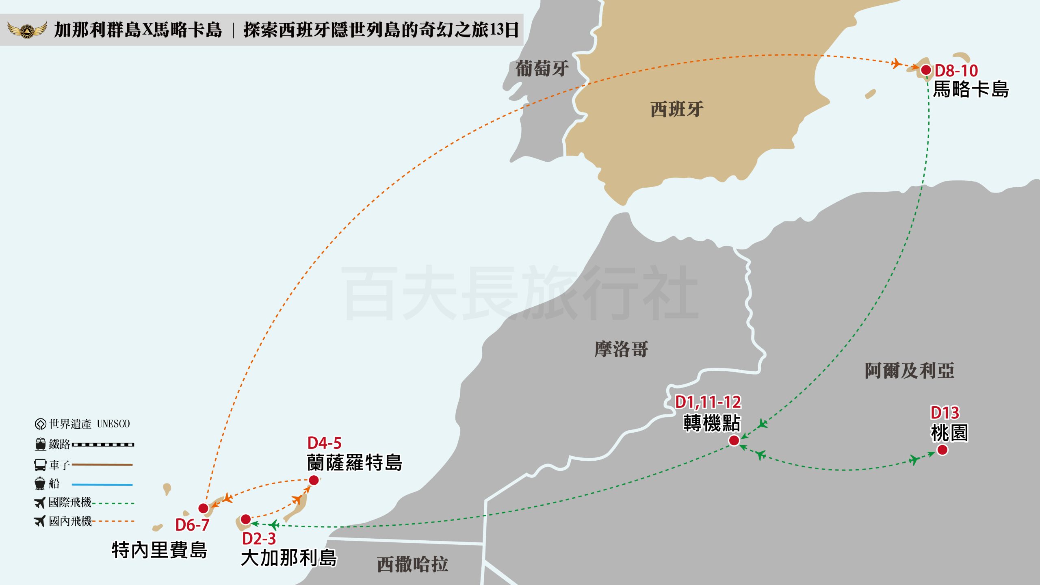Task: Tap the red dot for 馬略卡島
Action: pyautogui.click(x=926, y=70)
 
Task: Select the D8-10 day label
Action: pyautogui.click(x=956, y=71)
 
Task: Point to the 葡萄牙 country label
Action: pyautogui.click(x=542, y=69)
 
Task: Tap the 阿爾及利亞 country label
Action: pyautogui.click(x=909, y=370)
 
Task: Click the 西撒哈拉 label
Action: pyautogui.click(x=412, y=564)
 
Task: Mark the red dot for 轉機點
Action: pyautogui.click(x=734, y=440)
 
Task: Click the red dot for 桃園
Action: pyautogui.click(x=942, y=450)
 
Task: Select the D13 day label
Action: pyautogui.click(x=945, y=413)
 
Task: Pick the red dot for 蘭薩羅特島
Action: pyautogui.click(x=314, y=480)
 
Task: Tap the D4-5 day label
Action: pyautogui.click(x=324, y=443)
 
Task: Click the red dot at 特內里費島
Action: pyautogui.click(x=204, y=508)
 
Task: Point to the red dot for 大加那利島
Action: pyautogui.click(x=246, y=519)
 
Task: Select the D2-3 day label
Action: pyautogui.click(x=259, y=539)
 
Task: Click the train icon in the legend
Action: pyautogui.click(x=40, y=444)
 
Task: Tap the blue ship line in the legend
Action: pyautogui.click(x=102, y=484)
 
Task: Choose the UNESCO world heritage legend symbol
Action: pyautogui.click(x=40, y=424)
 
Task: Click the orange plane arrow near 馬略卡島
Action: pyautogui.click(x=896, y=63)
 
